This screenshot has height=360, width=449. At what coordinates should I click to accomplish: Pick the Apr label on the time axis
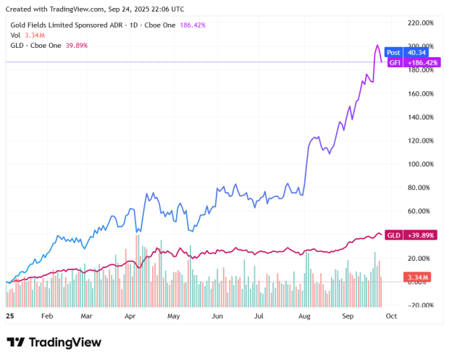click(130, 317)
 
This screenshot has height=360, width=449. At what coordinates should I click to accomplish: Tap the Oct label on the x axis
click(390, 317)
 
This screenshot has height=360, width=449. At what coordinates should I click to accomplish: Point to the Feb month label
click(47, 317)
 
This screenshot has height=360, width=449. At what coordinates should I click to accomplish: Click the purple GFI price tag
click(395, 63)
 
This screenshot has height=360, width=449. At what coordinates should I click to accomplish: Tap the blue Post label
click(393, 52)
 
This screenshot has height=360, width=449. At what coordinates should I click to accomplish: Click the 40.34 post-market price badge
click(417, 52)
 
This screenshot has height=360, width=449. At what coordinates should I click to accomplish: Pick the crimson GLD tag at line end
click(394, 235)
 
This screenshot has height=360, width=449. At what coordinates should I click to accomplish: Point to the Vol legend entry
click(14, 35)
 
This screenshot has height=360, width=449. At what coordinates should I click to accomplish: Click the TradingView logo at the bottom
click(54, 342)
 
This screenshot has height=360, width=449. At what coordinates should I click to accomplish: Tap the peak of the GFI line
click(377, 46)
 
